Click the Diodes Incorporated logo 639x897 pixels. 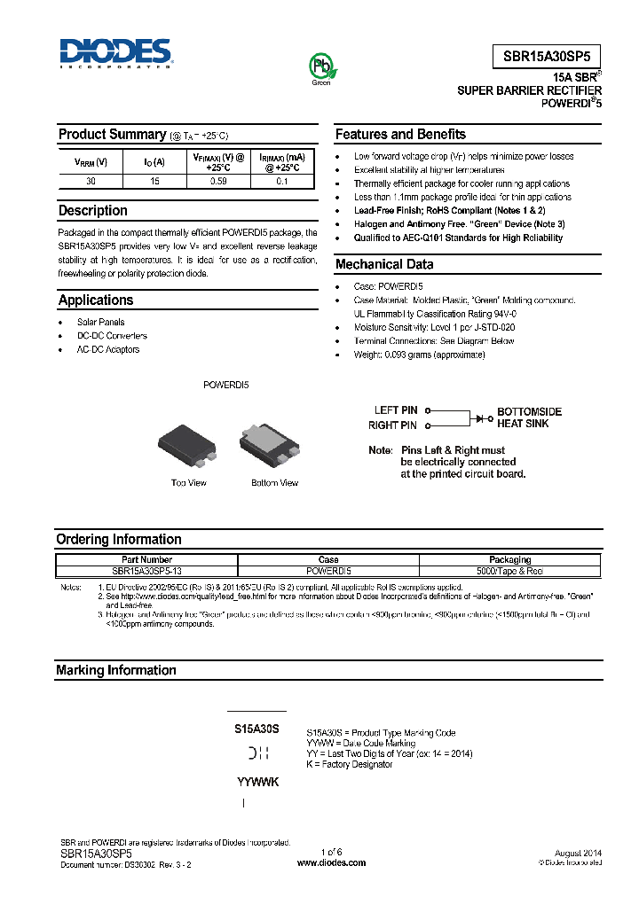click(115, 54)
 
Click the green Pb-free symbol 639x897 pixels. click(320, 66)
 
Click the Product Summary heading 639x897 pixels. click(112, 135)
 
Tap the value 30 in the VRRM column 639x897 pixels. click(91, 181)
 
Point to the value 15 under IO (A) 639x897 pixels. click(154, 181)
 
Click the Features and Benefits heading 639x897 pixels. click(400, 135)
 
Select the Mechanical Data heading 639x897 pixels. click(384, 264)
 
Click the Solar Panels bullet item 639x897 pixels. click(100, 322)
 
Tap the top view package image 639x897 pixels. click(187, 445)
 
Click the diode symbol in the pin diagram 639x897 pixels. click(483, 417)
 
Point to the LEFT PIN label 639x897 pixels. click(396, 410)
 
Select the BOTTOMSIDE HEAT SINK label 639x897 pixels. click(529, 417)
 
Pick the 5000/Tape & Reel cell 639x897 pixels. click(510, 572)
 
